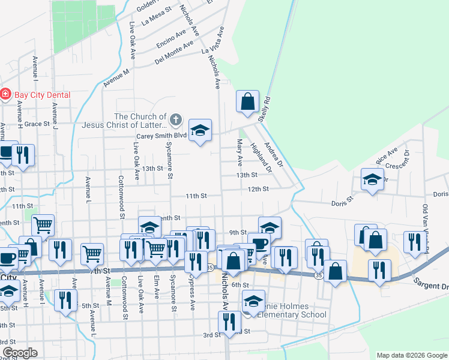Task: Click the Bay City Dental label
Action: pyautogui.click(x=42, y=95)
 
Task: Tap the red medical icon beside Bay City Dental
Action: pyautogui.click(x=5, y=95)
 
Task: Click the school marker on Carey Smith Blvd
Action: pyautogui.click(x=200, y=130)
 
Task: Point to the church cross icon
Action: pyautogui.click(x=175, y=120)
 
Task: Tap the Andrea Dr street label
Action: pyautogui.click(x=276, y=154)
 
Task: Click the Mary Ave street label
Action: pyautogui.click(x=240, y=152)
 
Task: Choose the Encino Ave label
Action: pyautogui.click(x=174, y=38)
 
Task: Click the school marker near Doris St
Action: pyautogui.click(x=372, y=179)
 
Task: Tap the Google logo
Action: pyautogui.click(x=19, y=353)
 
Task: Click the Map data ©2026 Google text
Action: pyautogui.click(x=412, y=355)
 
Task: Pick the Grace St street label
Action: pyautogui.click(x=36, y=124)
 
